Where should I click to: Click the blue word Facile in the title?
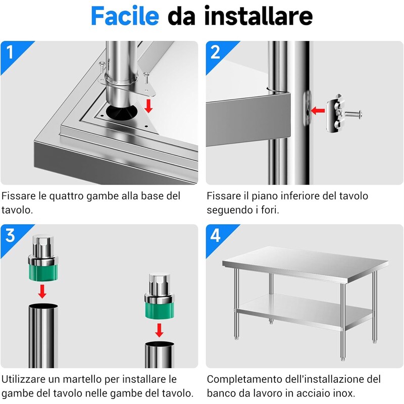(x=125, y=16)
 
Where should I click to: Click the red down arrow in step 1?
(x=148, y=106)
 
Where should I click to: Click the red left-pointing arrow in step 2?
(x=318, y=111)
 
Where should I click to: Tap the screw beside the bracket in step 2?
(x=353, y=113)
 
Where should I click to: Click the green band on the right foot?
(x=160, y=311)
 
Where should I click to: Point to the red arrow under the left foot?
(x=42, y=291)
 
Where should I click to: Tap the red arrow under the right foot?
(x=159, y=330)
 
